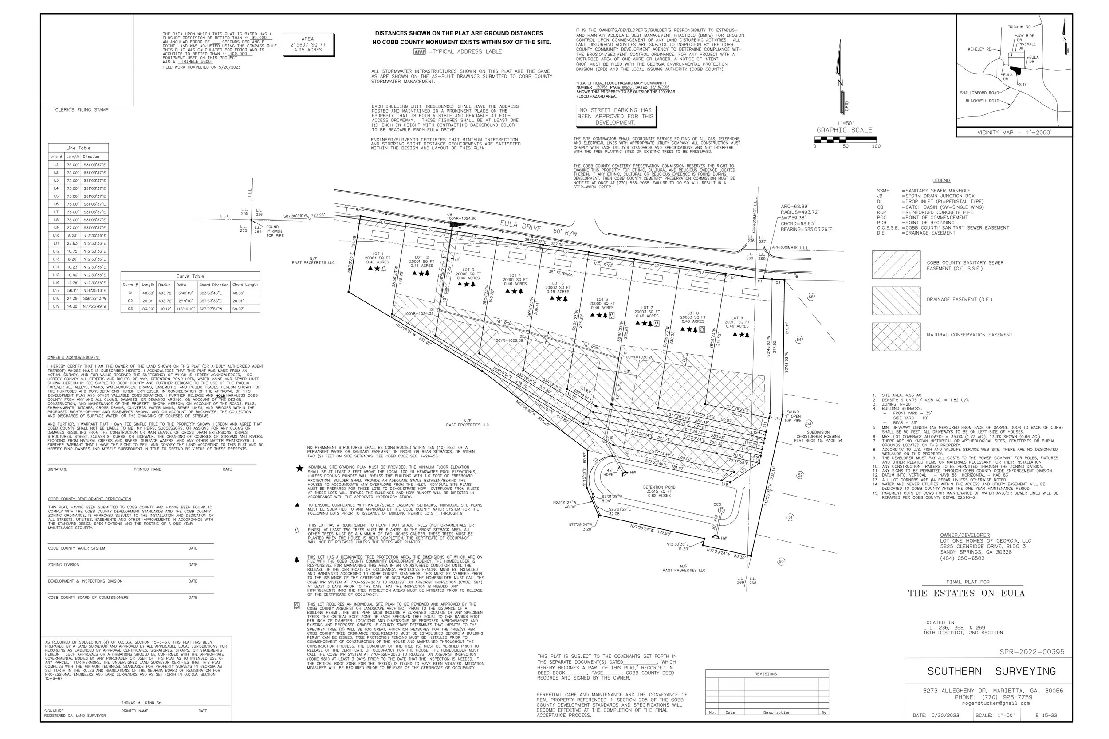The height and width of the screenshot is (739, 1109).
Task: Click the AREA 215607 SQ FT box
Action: click(308, 44)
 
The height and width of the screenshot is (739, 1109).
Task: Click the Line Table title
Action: click(78, 148)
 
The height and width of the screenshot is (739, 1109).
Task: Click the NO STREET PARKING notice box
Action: click(615, 117)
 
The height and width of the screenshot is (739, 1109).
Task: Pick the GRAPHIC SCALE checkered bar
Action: click(845, 140)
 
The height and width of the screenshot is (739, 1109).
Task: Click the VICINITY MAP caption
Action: click(1014, 133)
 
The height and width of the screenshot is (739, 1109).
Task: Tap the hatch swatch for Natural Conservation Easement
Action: click(896, 336)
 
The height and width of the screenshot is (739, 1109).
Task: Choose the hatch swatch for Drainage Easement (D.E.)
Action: click(896, 301)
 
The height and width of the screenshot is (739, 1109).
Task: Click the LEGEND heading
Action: click(941, 180)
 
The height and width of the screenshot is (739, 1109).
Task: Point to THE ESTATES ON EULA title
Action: click(966, 593)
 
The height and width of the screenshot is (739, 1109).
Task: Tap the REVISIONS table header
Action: click(766, 674)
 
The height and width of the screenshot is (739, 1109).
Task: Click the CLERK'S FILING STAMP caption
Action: click(82, 110)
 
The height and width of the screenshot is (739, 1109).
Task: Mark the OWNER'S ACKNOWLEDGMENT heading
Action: click(74, 358)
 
